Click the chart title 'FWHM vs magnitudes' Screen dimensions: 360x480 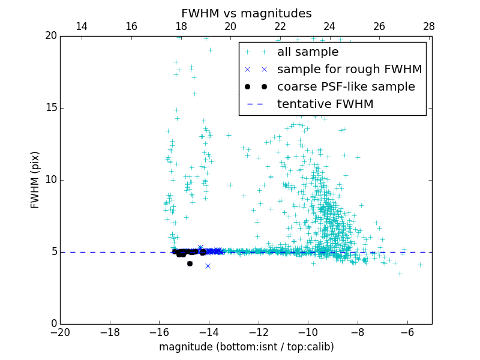click(x=246, y=13)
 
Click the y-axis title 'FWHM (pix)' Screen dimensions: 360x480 click(x=35, y=179)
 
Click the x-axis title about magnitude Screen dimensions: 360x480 click(x=246, y=347)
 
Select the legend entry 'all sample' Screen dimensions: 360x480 click(x=307, y=52)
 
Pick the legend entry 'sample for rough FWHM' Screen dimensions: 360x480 click(x=349, y=69)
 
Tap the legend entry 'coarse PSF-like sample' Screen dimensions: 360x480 click(x=346, y=86)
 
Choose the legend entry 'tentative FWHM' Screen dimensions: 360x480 click(x=325, y=104)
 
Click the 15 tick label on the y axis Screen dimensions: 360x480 click(x=50, y=108)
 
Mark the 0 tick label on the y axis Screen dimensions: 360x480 click(x=53, y=324)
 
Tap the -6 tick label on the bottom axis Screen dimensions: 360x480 click(x=407, y=332)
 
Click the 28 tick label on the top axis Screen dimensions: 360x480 click(x=428, y=27)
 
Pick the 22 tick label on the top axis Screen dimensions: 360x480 click(x=280, y=27)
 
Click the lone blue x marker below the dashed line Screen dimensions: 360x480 click(x=208, y=266)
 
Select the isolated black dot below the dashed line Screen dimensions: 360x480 click(x=190, y=263)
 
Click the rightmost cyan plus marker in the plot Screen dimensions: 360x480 click(x=420, y=265)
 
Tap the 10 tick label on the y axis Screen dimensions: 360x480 click(x=50, y=180)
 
